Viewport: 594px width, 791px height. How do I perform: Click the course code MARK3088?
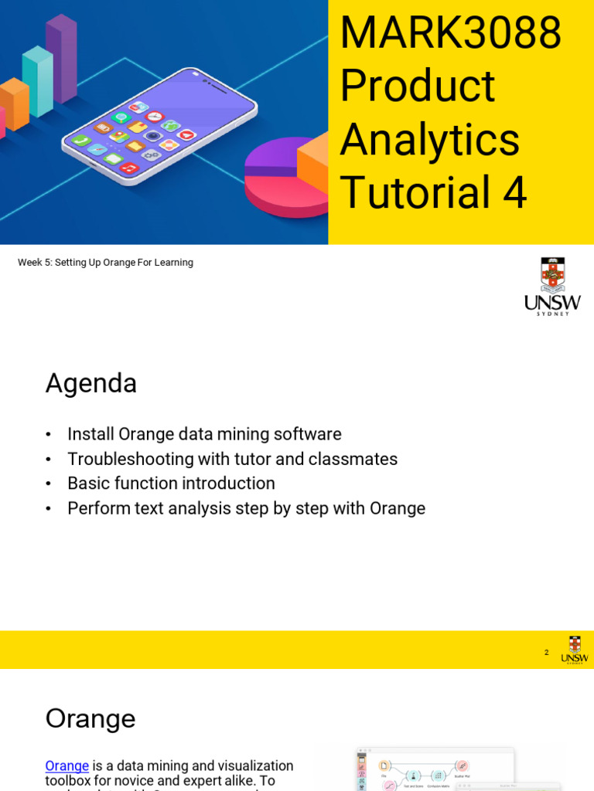click(450, 33)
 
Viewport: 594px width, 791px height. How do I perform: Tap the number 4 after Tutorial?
click(514, 192)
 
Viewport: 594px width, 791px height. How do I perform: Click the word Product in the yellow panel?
click(417, 86)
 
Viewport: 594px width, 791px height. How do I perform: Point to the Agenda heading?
click(91, 383)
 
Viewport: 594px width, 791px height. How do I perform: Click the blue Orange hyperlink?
click(67, 766)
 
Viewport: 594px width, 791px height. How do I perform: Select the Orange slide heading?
click(90, 718)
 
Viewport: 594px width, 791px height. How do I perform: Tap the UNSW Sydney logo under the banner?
click(552, 286)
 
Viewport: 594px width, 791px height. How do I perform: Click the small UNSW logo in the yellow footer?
click(574, 650)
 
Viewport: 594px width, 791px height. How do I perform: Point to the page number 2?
click(546, 653)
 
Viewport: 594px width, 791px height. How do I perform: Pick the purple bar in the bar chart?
click(61, 58)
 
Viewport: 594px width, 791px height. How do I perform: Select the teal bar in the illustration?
click(37, 81)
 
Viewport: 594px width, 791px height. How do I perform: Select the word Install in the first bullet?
click(89, 434)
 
